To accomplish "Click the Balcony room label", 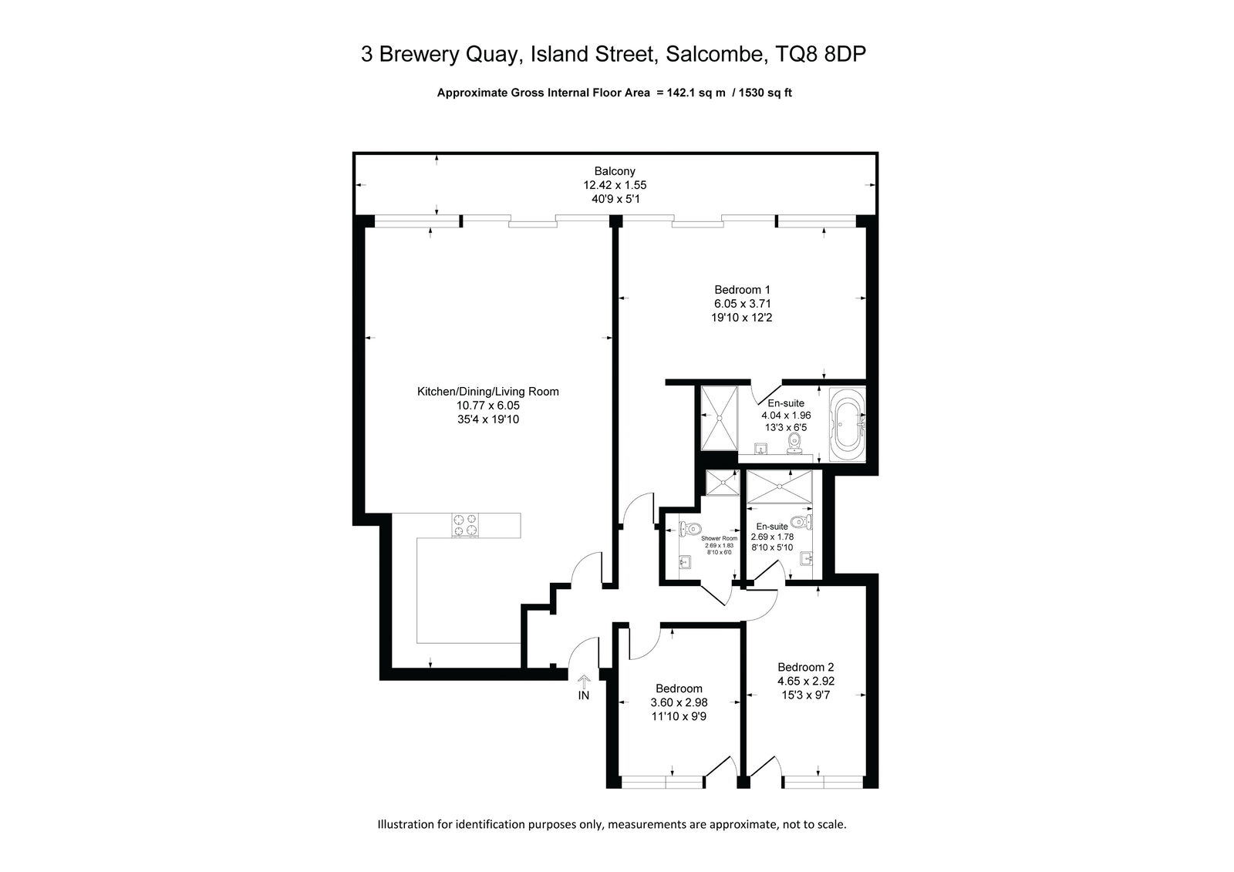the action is [x=614, y=171].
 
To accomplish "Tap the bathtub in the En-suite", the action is [x=848, y=425].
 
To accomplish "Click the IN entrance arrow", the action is [x=583, y=682].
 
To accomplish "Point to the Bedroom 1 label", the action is [x=742, y=290].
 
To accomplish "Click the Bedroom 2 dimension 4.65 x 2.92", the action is [x=806, y=682].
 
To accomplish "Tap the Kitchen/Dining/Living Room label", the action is [x=487, y=392].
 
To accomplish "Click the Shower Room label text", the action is [x=719, y=538].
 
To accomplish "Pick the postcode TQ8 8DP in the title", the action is [x=821, y=54].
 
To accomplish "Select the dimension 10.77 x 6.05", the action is [x=487, y=406].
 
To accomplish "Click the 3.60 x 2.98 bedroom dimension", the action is [x=679, y=702].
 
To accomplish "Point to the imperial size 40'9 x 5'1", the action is [x=615, y=199].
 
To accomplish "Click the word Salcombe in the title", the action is [x=716, y=54].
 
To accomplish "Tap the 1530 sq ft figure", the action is [x=765, y=93].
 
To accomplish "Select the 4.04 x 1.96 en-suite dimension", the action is [x=786, y=416].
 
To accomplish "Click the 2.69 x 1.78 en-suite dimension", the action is [x=772, y=537].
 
